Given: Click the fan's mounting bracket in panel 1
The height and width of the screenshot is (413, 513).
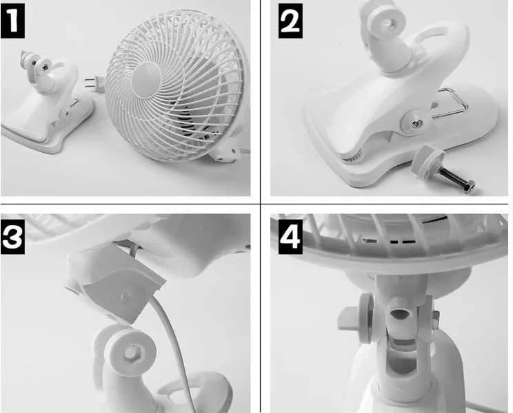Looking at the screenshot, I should click(225, 152).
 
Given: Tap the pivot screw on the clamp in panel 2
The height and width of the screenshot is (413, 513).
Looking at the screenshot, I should click(416, 123).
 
